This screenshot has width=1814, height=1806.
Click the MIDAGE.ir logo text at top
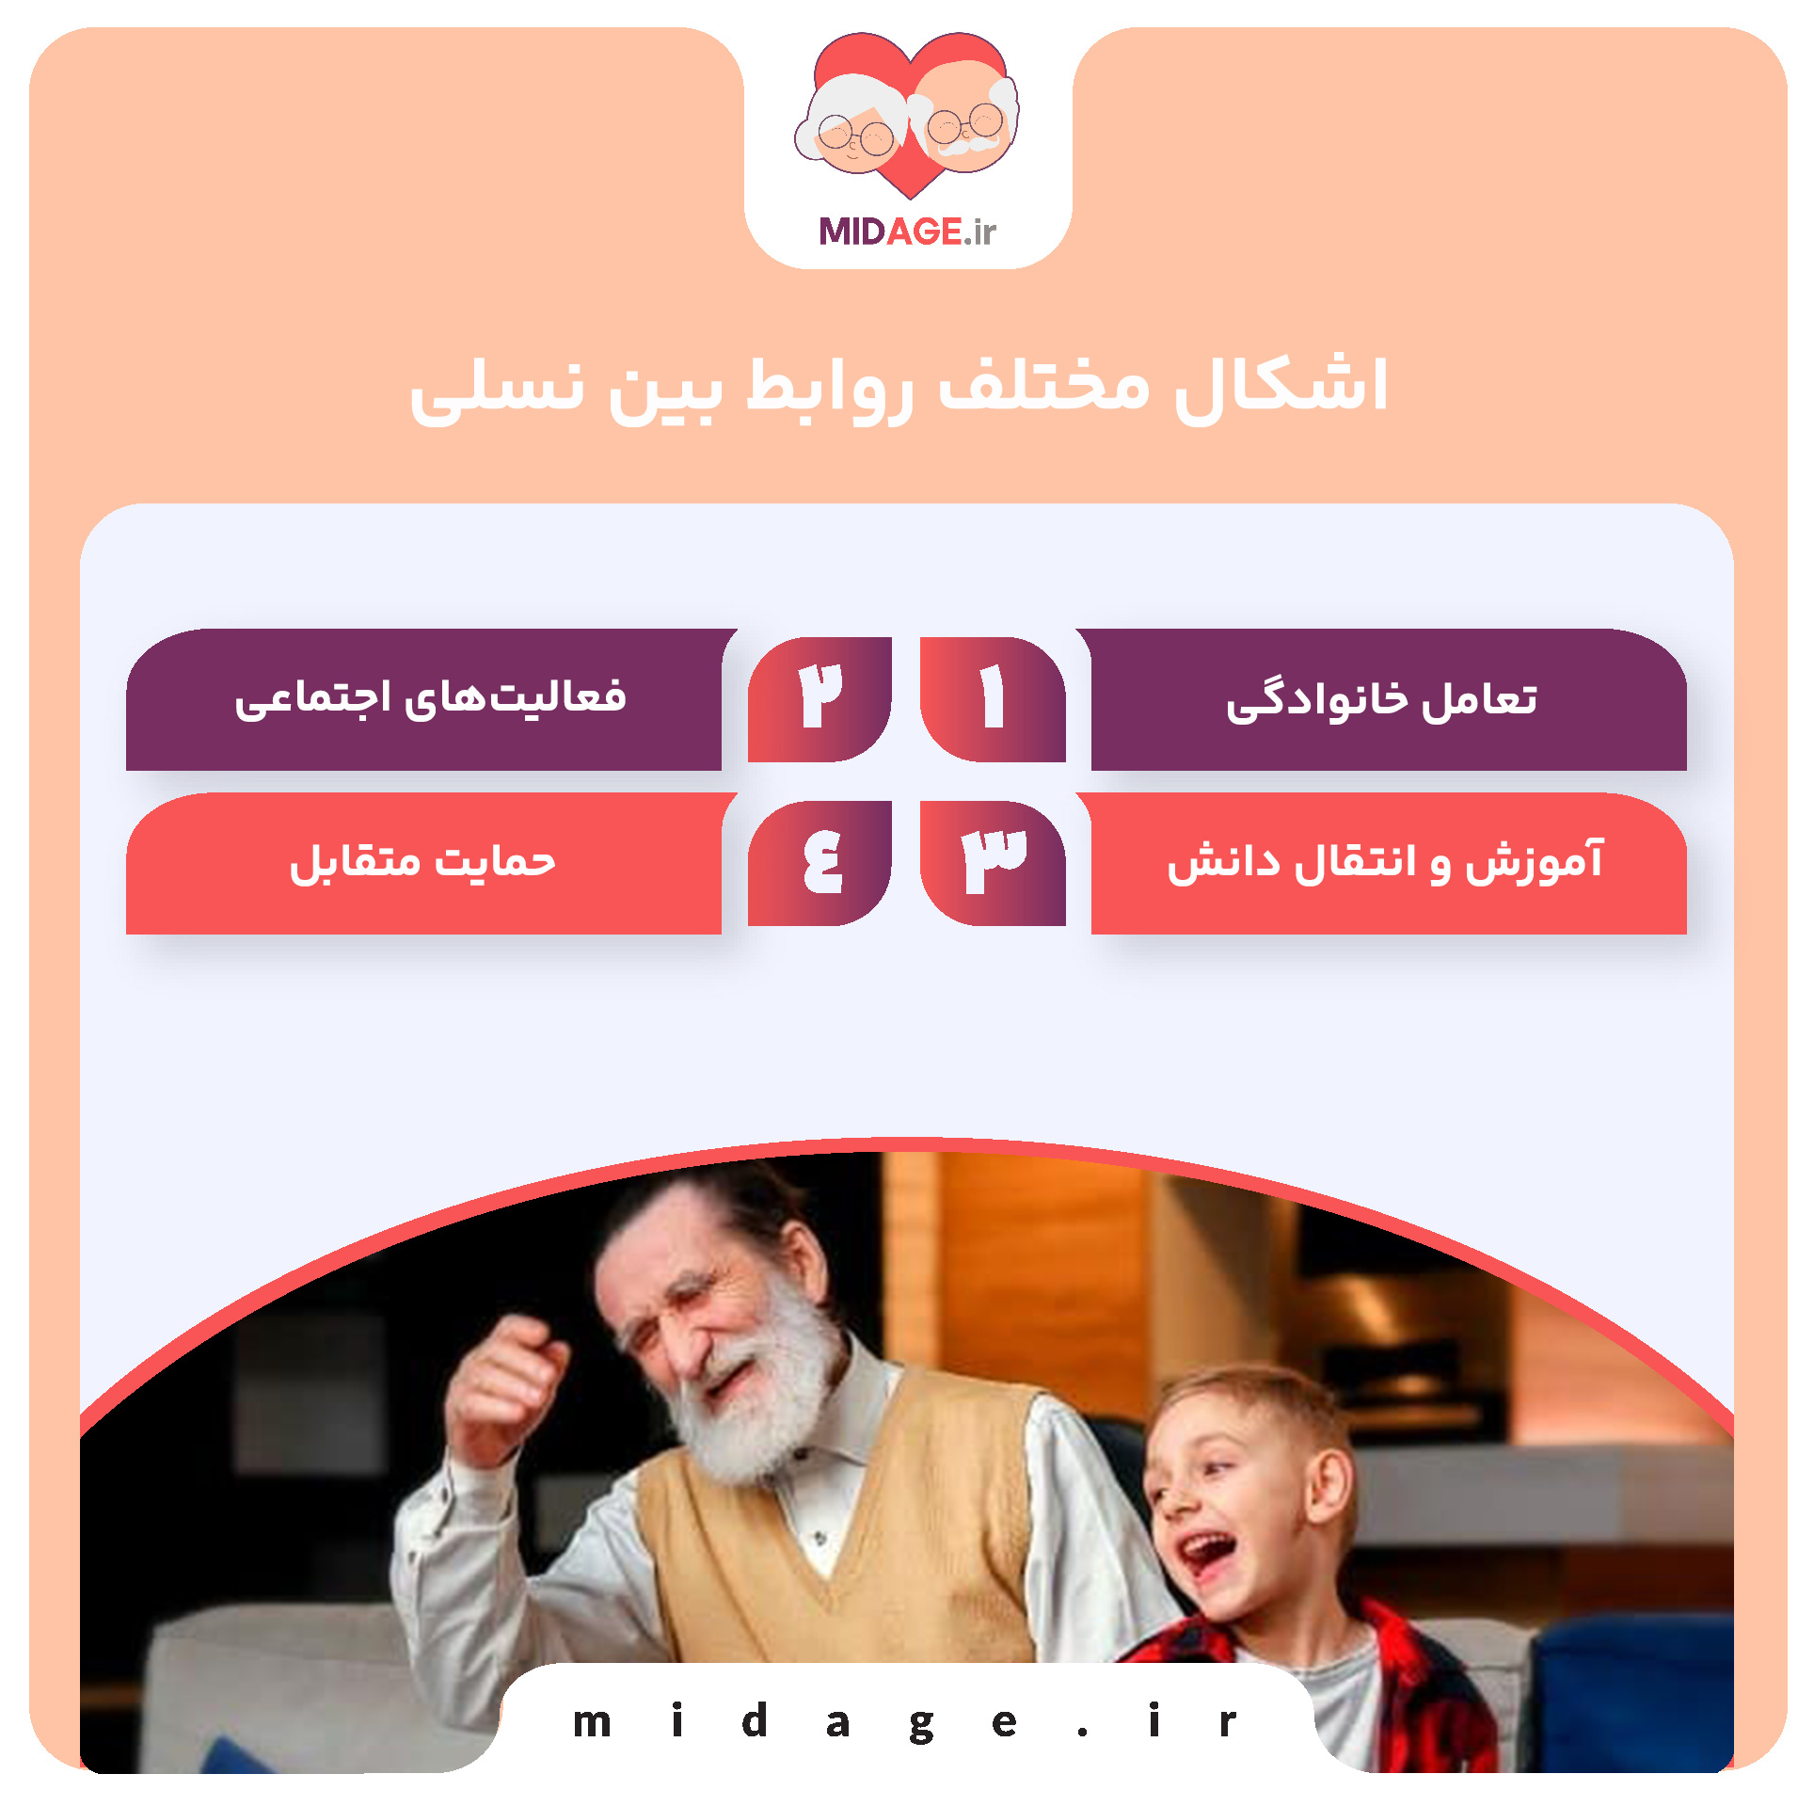(x=906, y=231)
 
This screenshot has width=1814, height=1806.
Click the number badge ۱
(x=992, y=698)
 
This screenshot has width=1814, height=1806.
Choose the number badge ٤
(x=820, y=862)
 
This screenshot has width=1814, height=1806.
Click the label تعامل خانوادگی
(x=1381, y=700)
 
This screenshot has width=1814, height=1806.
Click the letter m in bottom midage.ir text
(x=592, y=1723)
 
